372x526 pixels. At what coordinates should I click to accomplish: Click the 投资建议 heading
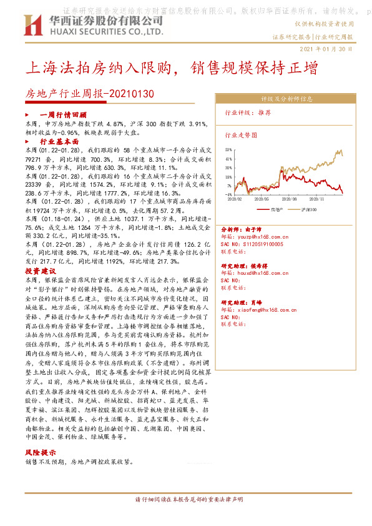pyautogui.click(x=41, y=272)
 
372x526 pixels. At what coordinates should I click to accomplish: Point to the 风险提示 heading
pyautogui.click(x=41, y=452)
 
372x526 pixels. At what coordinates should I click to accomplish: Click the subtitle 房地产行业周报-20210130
pyautogui.click(x=89, y=94)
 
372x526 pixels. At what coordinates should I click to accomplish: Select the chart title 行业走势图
pyautogui.click(x=238, y=134)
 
